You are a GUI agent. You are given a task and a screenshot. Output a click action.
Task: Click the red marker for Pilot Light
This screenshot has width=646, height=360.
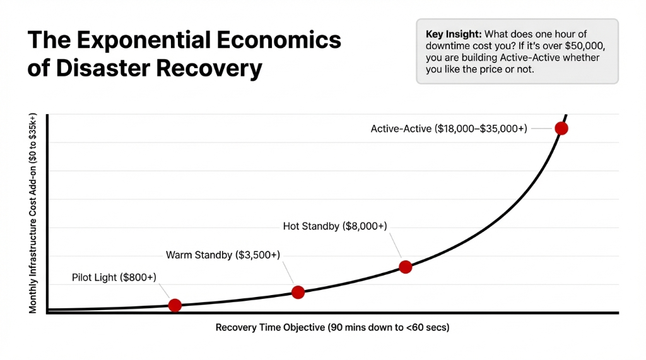tap(175, 305)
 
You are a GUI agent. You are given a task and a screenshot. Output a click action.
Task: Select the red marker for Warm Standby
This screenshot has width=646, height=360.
tap(298, 292)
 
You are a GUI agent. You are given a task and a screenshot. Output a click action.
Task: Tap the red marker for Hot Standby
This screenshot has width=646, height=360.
tap(406, 267)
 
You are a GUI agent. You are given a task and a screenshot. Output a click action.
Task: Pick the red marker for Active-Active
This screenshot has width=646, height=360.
tap(561, 129)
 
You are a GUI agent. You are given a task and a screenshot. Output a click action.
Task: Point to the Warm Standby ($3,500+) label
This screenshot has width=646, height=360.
tap(223, 255)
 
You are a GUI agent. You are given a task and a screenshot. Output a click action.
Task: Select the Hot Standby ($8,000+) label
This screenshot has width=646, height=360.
tap(335, 226)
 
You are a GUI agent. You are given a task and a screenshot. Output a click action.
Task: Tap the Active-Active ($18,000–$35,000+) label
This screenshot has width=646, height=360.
tap(449, 129)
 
